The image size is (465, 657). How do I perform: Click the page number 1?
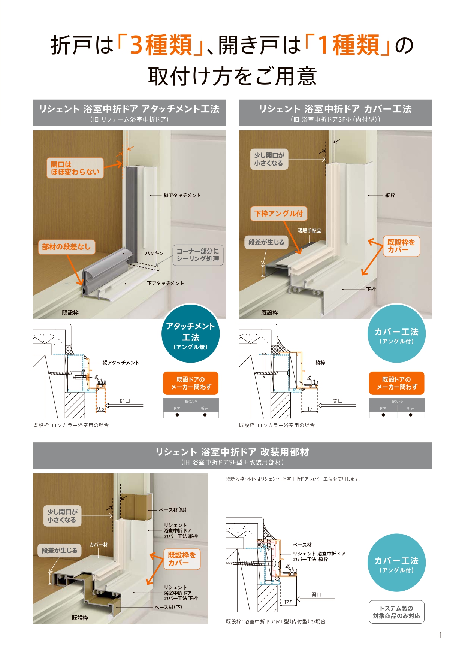[441, 635]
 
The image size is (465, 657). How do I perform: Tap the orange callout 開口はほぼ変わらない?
[75, 168]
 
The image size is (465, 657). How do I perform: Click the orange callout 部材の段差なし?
[66, 247]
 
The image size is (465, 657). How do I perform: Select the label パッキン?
[154, 254]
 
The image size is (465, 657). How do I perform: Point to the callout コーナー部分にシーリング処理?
[198, 255]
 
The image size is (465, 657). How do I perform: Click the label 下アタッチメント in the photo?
[166, 284]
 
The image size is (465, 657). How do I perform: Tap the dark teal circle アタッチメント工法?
[190, 334]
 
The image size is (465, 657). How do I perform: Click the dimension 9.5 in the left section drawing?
[101, 409]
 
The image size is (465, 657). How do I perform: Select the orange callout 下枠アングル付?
[278, 214]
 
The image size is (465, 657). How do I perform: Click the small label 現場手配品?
[310, 231]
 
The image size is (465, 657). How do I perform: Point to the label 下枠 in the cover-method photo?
[371, 289]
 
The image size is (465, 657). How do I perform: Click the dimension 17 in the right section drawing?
[310, 409]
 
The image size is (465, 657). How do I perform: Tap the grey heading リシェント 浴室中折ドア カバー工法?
[335, 113]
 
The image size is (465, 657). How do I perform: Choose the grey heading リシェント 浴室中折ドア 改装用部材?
[232, 455]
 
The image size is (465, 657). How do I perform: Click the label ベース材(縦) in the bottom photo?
[172, 510]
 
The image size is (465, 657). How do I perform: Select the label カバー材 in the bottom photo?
[98, 545]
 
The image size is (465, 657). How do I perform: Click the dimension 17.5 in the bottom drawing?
[288, 602]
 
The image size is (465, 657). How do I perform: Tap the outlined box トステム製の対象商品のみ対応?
[396, 612]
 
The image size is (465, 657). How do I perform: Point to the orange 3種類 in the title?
[161, 45]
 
